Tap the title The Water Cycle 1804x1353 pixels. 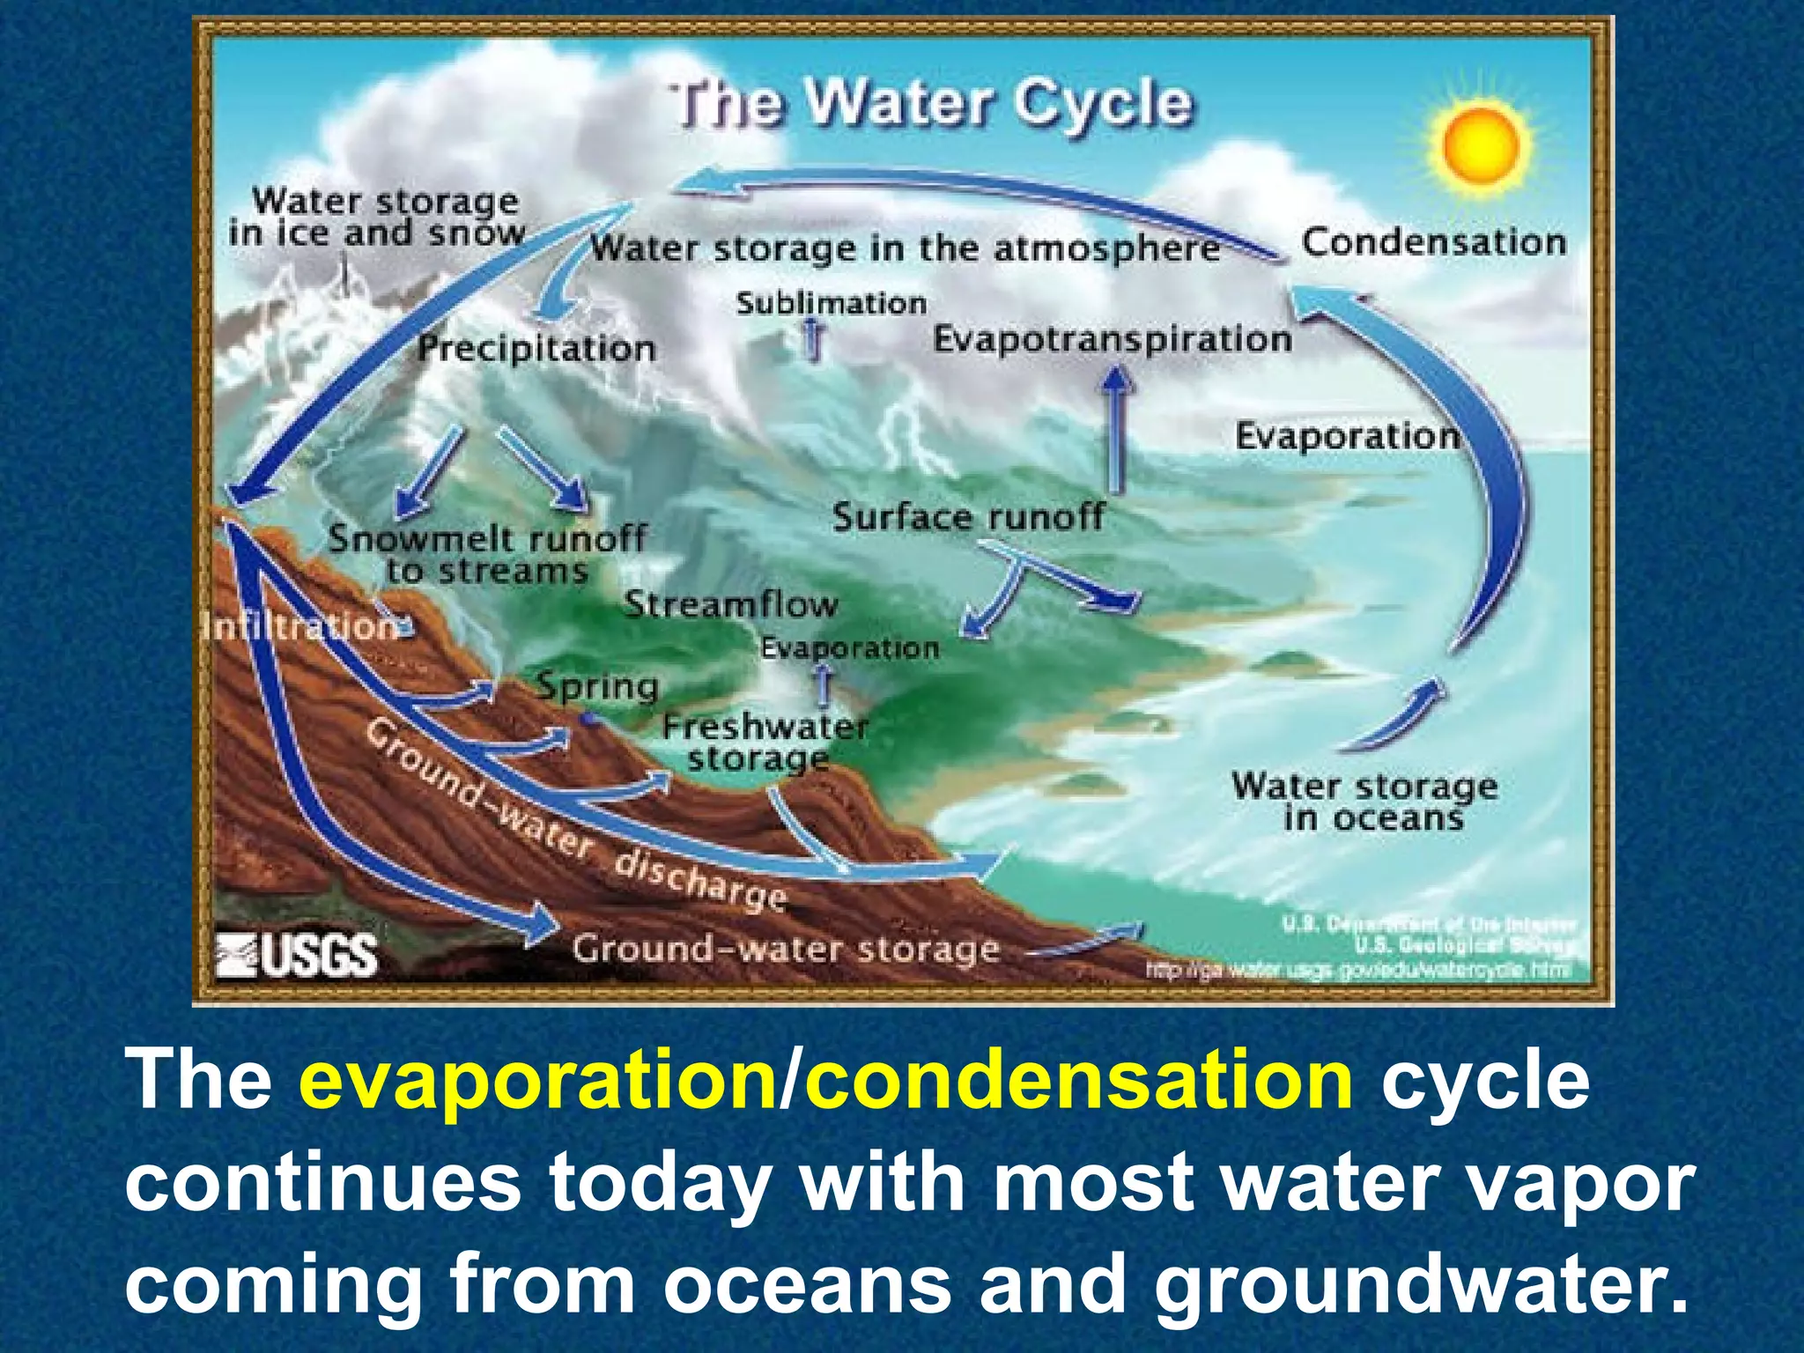[932, 104]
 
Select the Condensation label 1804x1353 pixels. [1434, 242]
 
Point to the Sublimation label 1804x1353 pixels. [832, 304]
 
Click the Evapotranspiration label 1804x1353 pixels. [1112, 339]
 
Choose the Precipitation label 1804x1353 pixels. [536, 348]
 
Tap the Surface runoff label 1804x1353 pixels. [967, 517]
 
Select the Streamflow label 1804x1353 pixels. [730, 605]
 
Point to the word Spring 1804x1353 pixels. [598, 686]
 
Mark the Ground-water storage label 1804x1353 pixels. [786, 950]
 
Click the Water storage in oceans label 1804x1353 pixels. [1364, 802]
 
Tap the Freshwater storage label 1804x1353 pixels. [764, 743]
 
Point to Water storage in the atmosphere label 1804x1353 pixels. [905, 249]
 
